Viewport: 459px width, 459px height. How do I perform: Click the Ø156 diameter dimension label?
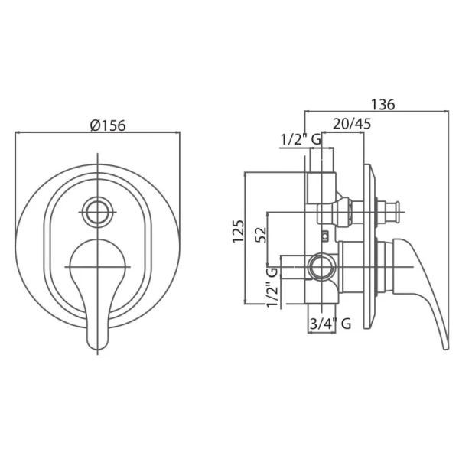point(108,125)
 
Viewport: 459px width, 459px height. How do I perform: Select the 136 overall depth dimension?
point(383,105)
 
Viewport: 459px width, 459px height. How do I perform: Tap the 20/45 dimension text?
point(352,123)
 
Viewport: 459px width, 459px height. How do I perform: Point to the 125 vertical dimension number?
point(238,231)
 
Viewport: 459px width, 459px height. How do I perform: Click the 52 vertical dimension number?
point(261,235)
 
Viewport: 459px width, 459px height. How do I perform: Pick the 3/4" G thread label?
point(330,324)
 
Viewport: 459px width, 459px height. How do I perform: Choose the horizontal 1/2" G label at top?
point(301,140)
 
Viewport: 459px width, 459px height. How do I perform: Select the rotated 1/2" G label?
point(272,287)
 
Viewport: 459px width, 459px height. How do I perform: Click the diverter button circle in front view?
point(97,212)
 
